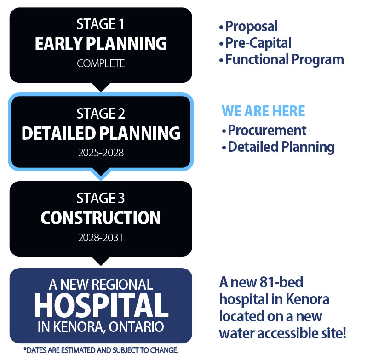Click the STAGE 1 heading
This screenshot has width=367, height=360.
pyautogui.click(x=100, y=24)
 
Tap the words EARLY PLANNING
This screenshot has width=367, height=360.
pyautogui.click(x=101, y=44)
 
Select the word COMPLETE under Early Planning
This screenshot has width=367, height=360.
pyautogui.click(x=101, y=63)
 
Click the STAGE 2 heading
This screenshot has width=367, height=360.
pyautogui.click(x=101, y=114)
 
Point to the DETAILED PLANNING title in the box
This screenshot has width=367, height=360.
pyautogui.click(x=101, y=133)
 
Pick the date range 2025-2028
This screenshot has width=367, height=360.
pyautogui.click(x=101, y=153)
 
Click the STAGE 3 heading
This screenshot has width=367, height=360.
pyautogui.click(x=101, y=198)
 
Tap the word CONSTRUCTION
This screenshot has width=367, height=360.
pyautogui.click(x=101, y=218)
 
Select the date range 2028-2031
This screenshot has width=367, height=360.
pyautogui.click(x=100, y=238)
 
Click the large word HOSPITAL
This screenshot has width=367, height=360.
pyautogui.click(x=101, y=305)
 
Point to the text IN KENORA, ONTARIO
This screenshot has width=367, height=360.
pyautogui.click(x=101, y=327)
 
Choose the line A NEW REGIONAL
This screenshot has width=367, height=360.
pyautogui.click(x=101, y=285)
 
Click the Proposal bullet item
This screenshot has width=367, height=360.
pyautogui.click(x=248, y=27)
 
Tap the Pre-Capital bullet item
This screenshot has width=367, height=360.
pyautogui.click(x=255, y=43)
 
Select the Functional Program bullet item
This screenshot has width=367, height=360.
pyautogui.click(x=281, y=60)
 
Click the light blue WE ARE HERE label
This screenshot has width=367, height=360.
pyautogui.click(x=264, y=111)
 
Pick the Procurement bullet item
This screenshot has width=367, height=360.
pyautogui.click(x=264, y=130)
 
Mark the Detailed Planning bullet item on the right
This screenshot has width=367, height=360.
pyautogui.click(x=278, y=148)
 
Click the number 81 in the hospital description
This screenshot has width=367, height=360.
pyautogui.click(x=267, y=282)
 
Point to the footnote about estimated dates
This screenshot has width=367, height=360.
pyautogui.click(x=101, y=350)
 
